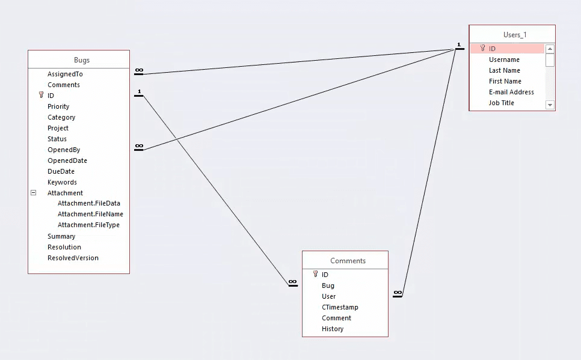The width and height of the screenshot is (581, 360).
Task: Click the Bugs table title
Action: click(82, 60)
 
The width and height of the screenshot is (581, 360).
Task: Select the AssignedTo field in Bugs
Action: click(65, 74)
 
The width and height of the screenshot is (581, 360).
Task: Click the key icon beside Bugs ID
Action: click(41, 95)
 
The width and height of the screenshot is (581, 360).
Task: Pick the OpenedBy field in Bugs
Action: click(64, 150)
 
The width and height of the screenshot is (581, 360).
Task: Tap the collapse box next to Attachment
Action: click(34, 193)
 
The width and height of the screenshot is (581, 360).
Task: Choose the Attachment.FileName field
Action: click(90, 214)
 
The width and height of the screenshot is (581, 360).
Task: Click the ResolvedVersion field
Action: click(73, 258)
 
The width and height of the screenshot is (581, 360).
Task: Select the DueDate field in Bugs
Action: click(61, 171)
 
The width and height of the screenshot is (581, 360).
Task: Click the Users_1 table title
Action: click(515, 35)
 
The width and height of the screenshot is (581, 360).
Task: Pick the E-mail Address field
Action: click(511, 92)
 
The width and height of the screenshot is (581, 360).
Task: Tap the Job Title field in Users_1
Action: click(501, 103)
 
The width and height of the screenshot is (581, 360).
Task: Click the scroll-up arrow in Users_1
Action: click(550, 49)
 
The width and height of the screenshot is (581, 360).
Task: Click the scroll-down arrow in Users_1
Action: click(550, 105)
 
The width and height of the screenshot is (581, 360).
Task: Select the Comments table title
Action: click(348, 261)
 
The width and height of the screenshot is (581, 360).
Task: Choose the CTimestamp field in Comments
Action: click(340, 307)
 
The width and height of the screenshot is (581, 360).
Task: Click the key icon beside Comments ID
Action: click(315, 274)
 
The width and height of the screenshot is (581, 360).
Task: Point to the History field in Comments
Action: click(333, 329)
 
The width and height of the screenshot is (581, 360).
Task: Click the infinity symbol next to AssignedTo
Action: click(139, 70)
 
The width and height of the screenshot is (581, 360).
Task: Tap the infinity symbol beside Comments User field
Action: click(397, 293)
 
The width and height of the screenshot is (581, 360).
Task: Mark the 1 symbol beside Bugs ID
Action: click(139, 92)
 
